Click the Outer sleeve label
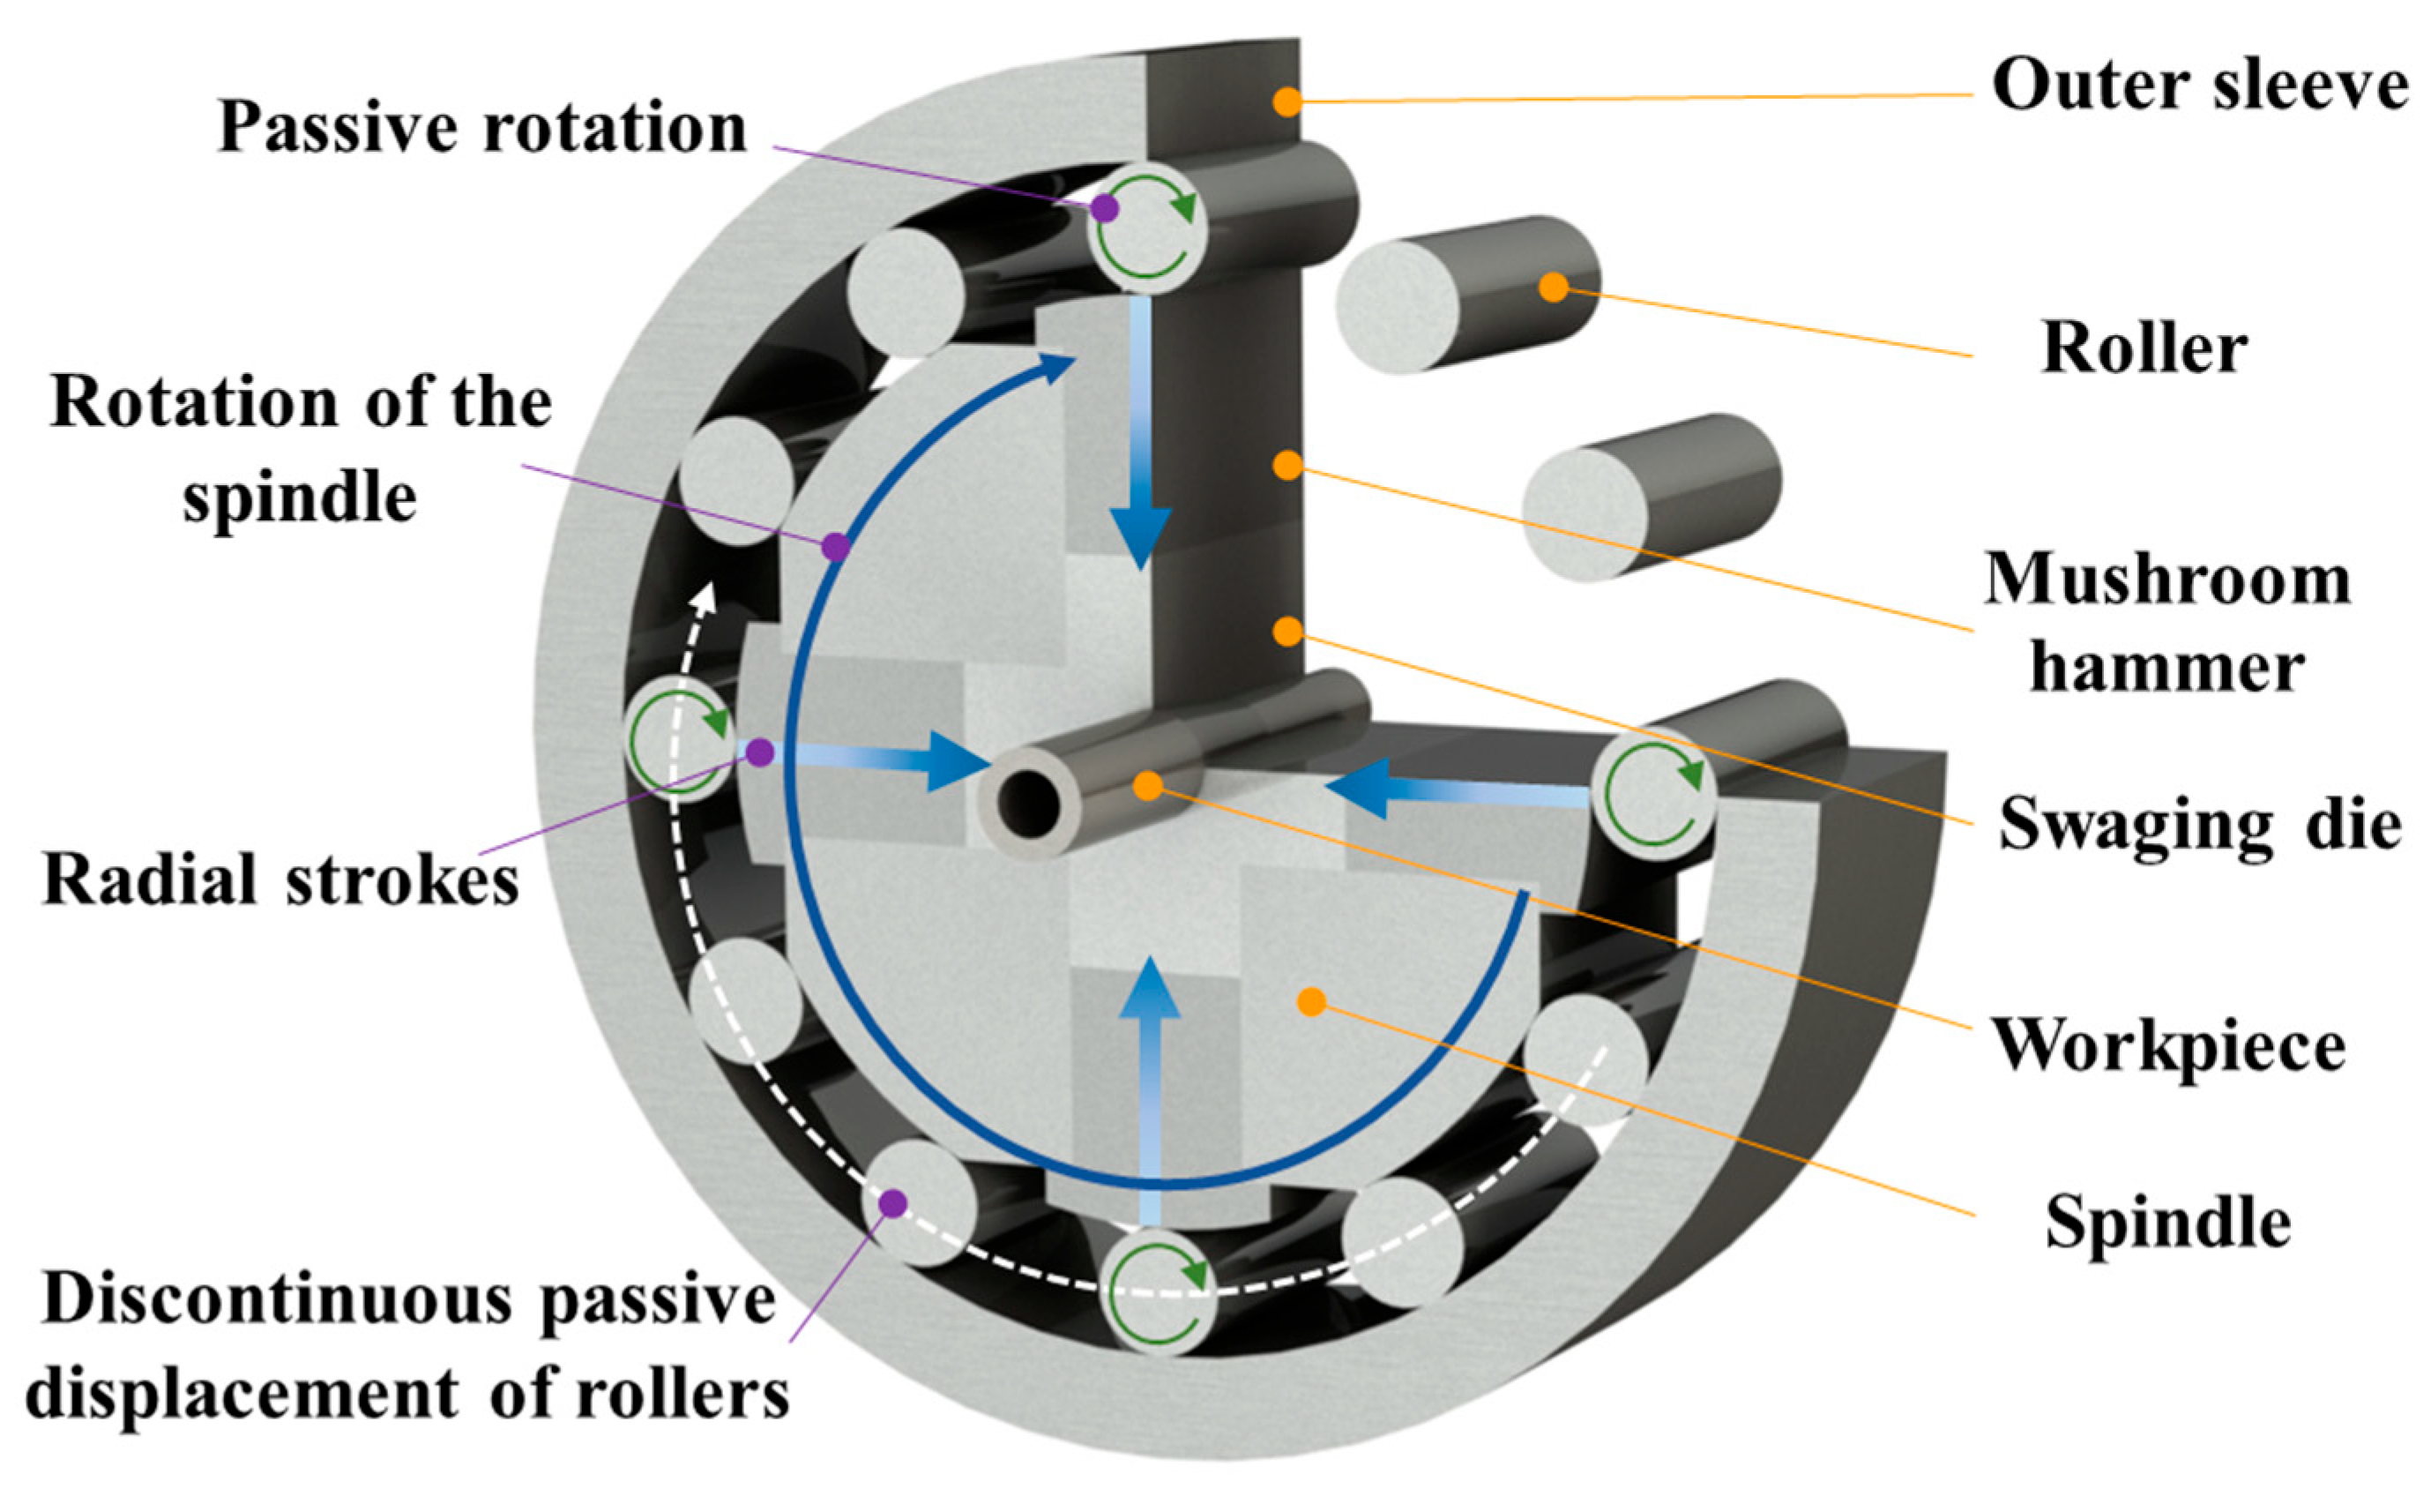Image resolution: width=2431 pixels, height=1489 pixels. [x=2198, y=86]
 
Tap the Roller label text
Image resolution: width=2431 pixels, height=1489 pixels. [x=2144, y=348]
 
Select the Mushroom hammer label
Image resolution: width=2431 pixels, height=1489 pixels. [x=2166, y=622]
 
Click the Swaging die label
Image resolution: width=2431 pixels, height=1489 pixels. [x=2199, y=824]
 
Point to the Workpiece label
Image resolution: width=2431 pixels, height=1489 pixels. [x=2167, y=1044]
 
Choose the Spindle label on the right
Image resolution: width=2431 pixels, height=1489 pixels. [x=2167, y=1222]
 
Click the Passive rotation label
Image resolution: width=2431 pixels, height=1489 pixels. [x=481, y=128]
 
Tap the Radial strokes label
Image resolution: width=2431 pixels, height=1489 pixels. [x=280, y=879]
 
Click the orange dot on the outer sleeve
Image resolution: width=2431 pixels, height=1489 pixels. [x=1286, y=101]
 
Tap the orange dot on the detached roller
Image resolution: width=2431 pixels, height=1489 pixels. [x=1553, y=288]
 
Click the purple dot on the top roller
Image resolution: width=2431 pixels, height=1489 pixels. [x=1105, y=208]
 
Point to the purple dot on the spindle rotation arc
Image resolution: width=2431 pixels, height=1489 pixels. [x=836, y=546]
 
